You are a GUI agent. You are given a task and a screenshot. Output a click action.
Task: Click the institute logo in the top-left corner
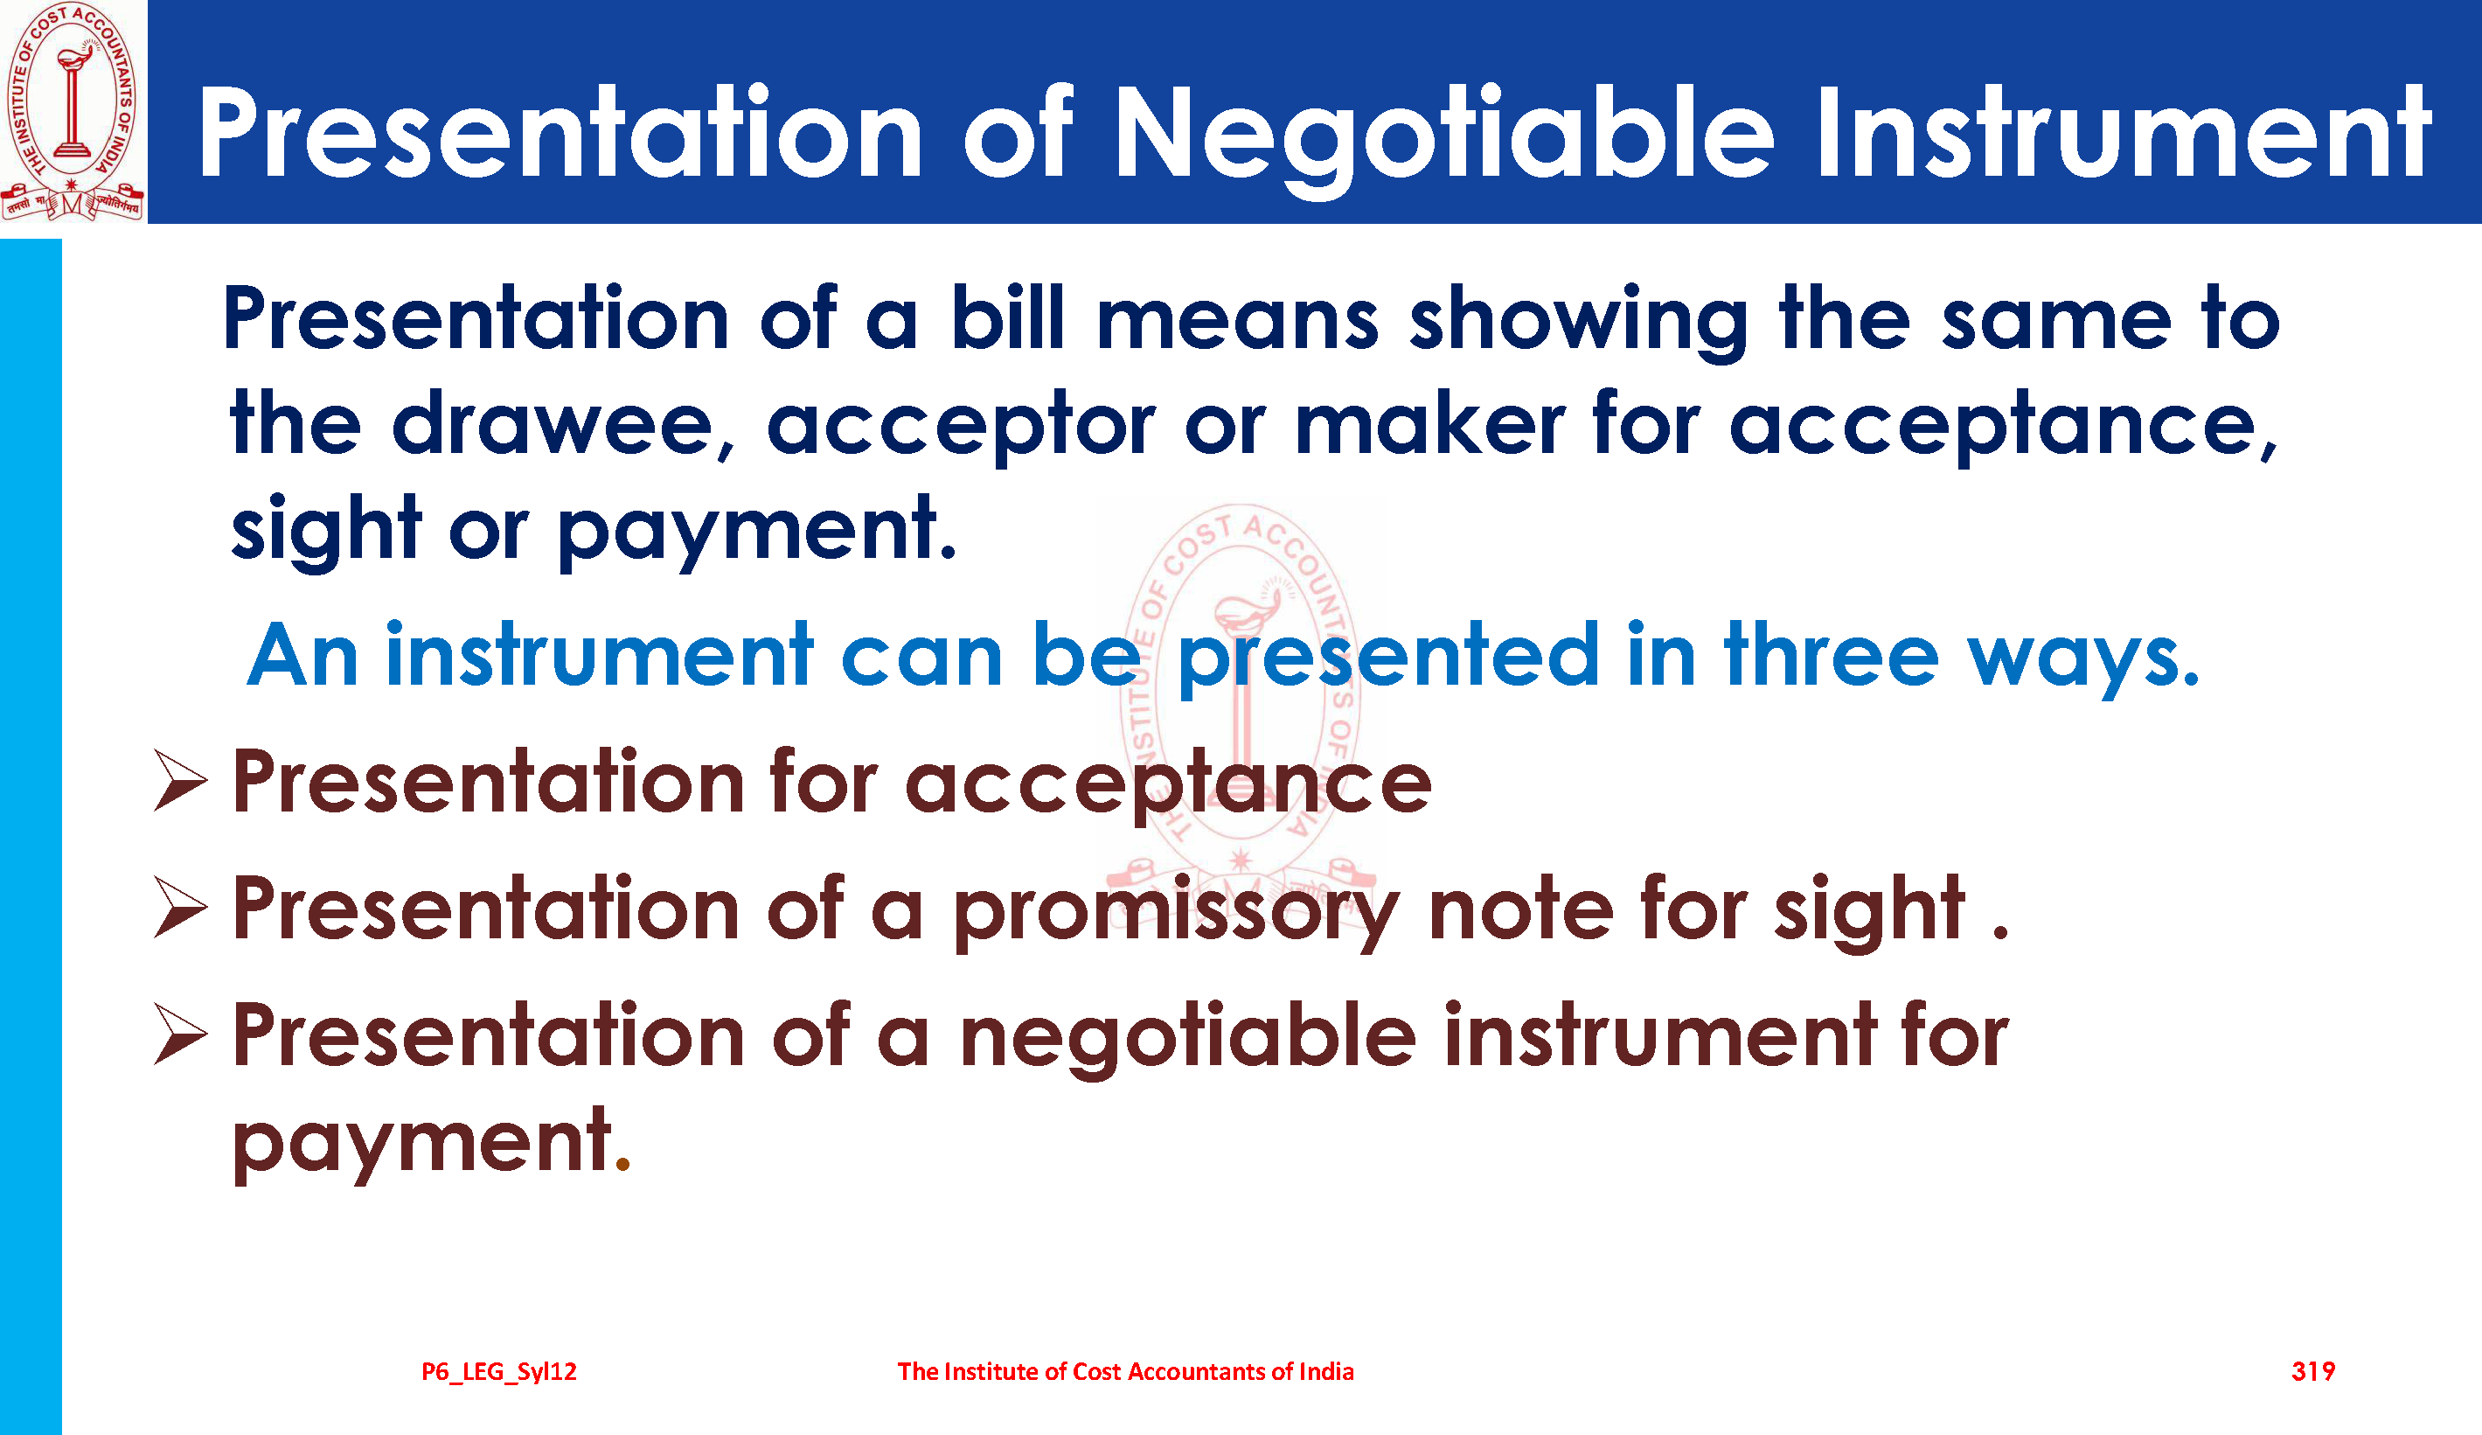pyautogui.click(x=73, y=111)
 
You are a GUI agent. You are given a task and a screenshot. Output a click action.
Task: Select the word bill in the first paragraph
pyautogui.click(x=1006, y=317)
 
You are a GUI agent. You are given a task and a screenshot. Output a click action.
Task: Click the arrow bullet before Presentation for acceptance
pyautogui.click(x=181, y=780)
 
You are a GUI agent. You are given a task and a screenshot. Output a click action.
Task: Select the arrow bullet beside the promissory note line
pyautogui.click(x=181, y=907)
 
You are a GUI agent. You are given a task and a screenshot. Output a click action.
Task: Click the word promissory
pyautogui.click(x=1176, y=912)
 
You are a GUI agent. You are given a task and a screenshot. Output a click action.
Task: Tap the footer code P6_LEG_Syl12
pyautogui.click(x=499, y=1371)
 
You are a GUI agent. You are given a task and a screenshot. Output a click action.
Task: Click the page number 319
pyautogui.click(x=2312, y=1371)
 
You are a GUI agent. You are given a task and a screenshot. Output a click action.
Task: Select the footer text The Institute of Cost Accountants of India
pyautogui.click(x=1126, y=1371)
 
